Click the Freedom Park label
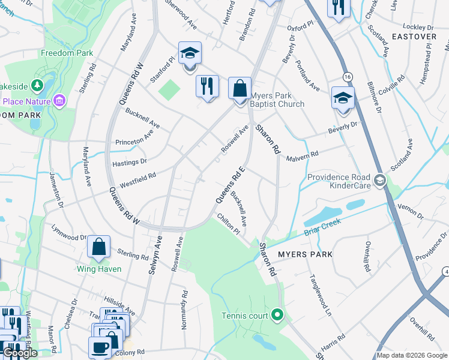point(67,53)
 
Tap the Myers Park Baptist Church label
point(277,100)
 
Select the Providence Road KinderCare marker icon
point(379,180)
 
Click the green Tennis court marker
point(277,314)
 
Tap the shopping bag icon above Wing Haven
point(98,247)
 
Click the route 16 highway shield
point(347,77)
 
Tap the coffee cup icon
point(100,347)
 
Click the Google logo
point(19,353)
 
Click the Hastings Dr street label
point(129,162)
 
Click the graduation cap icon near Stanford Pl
point(190,53)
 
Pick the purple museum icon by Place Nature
point(59,101)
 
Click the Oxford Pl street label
point(301,27)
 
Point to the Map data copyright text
point(411,355)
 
